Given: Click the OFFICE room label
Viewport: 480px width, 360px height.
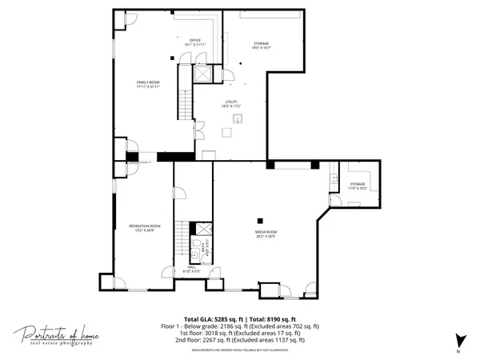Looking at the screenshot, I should (194, 42).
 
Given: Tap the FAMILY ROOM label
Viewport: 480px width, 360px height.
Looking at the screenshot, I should (149, 84).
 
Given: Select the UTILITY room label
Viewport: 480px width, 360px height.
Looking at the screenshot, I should (232, 104).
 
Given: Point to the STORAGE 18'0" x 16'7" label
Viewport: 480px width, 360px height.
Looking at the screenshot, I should (262, 46).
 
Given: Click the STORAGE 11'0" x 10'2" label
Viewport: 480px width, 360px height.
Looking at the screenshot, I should (358, 186).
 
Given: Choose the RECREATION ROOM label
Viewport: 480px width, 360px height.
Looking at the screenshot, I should (145, 228).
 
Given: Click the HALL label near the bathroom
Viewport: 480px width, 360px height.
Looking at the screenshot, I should (191, 270).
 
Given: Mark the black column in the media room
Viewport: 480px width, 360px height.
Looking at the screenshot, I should (259, 221).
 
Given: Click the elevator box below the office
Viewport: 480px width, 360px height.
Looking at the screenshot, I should (203, 74).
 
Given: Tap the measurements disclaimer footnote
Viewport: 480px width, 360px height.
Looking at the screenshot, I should (240, 350).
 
